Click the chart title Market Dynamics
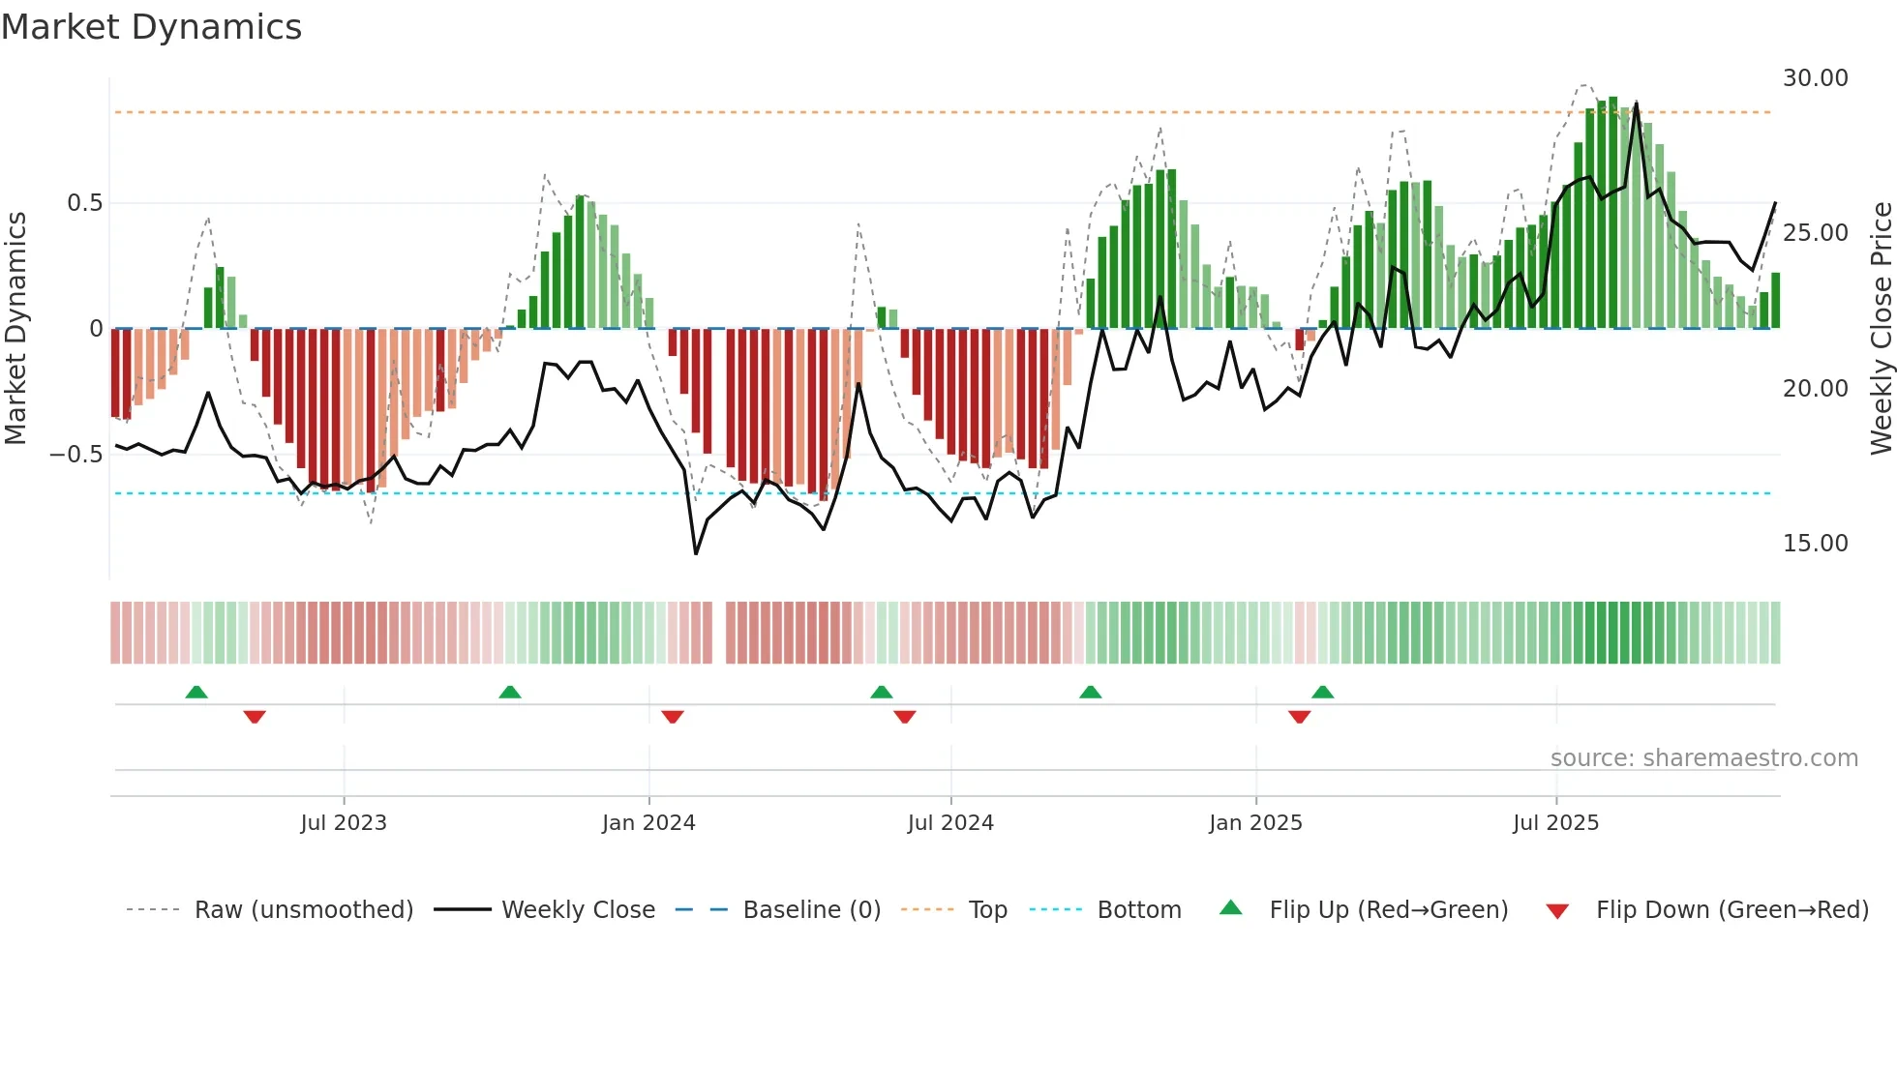151,27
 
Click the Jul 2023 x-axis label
343,823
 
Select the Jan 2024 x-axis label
648,823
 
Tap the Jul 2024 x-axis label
950,823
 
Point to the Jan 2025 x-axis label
1255,823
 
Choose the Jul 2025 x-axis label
1555,823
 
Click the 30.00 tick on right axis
1815,78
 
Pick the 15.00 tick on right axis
1815,544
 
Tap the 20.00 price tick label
1815,389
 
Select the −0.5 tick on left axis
75,455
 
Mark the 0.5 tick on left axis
84,203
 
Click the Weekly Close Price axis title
1881,329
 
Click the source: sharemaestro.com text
1703,758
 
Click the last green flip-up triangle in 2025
1322,692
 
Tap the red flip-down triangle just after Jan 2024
673,717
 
